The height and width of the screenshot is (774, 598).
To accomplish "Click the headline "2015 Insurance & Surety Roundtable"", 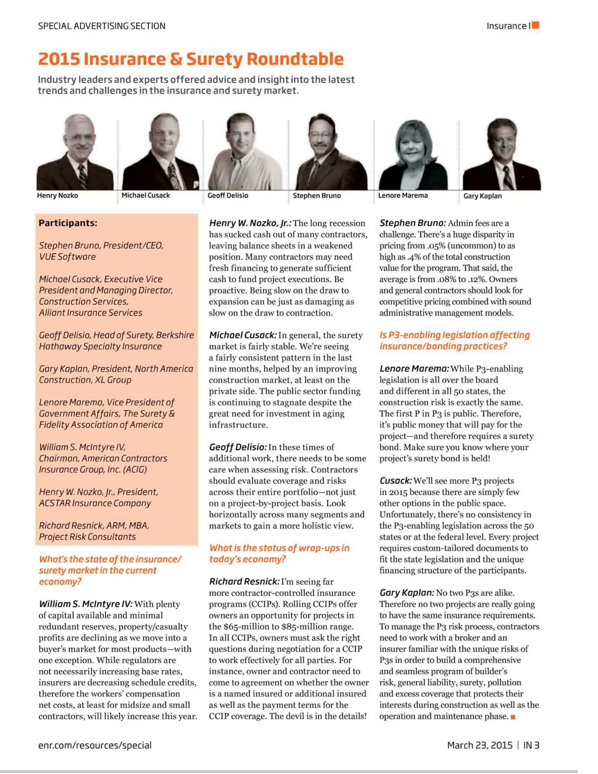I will (x=190, y=59).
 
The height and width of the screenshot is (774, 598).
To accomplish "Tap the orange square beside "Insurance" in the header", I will (x=536, y=25).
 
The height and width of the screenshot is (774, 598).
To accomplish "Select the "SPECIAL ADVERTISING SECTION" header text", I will (x=102, y=26).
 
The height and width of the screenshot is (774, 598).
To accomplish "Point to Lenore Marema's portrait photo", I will (x=413, y=154).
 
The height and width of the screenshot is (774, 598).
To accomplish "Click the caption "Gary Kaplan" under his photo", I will (x=482, y=196).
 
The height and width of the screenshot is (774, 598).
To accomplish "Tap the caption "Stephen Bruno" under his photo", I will (x=317, y=196).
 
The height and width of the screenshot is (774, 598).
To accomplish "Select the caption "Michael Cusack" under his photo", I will (x=145, y=195).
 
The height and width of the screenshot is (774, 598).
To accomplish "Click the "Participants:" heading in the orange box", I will (x=68, y=223).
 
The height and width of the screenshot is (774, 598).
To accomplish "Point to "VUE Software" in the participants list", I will (x=67, y=257).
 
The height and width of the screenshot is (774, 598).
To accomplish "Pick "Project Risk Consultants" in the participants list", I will (x=87, y=537).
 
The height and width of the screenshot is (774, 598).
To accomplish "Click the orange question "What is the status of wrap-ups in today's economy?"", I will (x=279, y=553).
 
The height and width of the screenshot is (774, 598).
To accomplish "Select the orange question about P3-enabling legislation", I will (x=454, y=341).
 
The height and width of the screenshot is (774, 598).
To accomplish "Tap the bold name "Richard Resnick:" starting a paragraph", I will (x=244, y=582).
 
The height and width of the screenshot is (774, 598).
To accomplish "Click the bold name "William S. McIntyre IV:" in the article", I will (x=85, y=604).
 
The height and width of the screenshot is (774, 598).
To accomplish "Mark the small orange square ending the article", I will (x=513, y=717).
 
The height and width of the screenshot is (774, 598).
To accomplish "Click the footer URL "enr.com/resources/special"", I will (x=95, y=745).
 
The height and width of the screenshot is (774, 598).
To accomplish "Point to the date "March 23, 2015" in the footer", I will (x=479, y=745).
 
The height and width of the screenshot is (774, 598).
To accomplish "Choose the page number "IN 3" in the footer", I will (x=531, y=745).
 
